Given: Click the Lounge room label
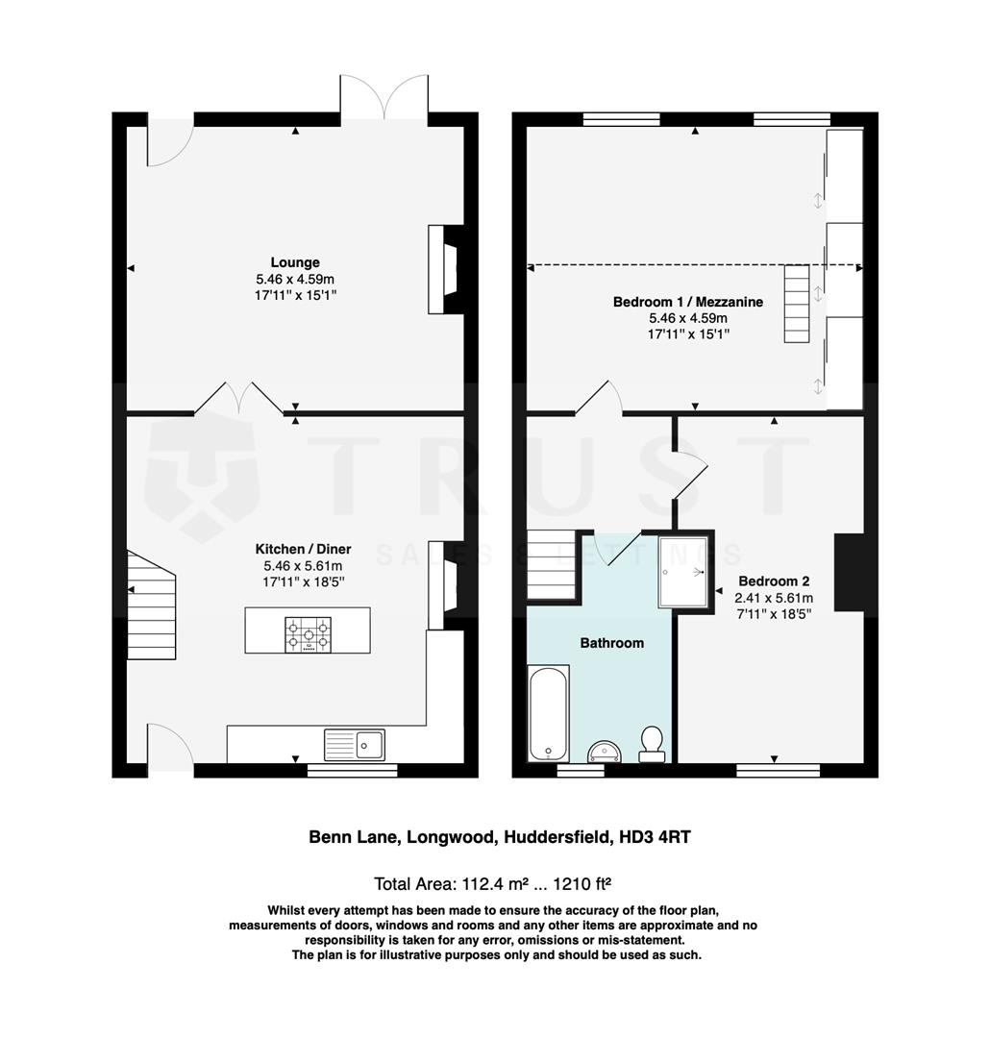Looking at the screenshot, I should tap(295, 262).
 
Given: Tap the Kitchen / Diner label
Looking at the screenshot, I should tap(302, 549).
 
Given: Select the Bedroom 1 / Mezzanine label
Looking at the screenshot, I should tap(687, 302).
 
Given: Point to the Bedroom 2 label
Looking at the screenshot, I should tap(773, 581).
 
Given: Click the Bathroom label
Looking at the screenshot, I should tap(610, 643).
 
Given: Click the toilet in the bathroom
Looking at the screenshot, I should tap(652, 744).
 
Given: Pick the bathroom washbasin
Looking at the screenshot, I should tap(604, 752).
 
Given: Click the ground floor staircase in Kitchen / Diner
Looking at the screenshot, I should tap(151, 605).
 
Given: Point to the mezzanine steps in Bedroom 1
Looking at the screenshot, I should tap(798, 304).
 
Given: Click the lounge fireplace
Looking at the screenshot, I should tap(447, 269).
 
